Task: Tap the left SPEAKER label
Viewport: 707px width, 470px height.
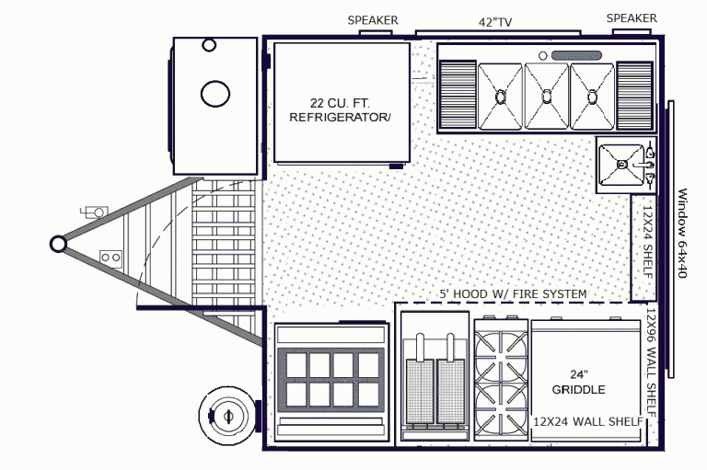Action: (373, 20)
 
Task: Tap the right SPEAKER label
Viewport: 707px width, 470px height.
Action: (632, 18)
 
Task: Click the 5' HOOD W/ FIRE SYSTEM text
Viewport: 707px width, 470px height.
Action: (513, 294)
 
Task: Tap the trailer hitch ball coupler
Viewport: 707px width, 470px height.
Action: (58, 243)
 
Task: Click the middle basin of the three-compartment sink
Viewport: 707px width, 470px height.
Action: (547, 94)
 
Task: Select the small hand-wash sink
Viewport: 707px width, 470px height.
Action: (621, 165)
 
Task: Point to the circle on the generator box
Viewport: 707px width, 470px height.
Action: (214, 92)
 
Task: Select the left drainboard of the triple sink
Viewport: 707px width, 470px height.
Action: (458, 94)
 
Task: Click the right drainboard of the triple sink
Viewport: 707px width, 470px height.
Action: (634, 94)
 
